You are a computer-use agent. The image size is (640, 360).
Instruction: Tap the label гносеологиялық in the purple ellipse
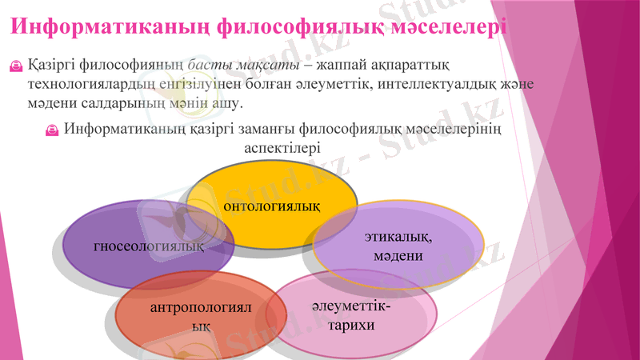tap(149, 246)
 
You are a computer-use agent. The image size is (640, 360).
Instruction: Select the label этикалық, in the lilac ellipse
tap(398, 237)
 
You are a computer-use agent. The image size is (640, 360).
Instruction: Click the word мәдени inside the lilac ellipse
tap(398, 256)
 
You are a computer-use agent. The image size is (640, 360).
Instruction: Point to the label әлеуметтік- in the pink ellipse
tap(352, 306)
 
